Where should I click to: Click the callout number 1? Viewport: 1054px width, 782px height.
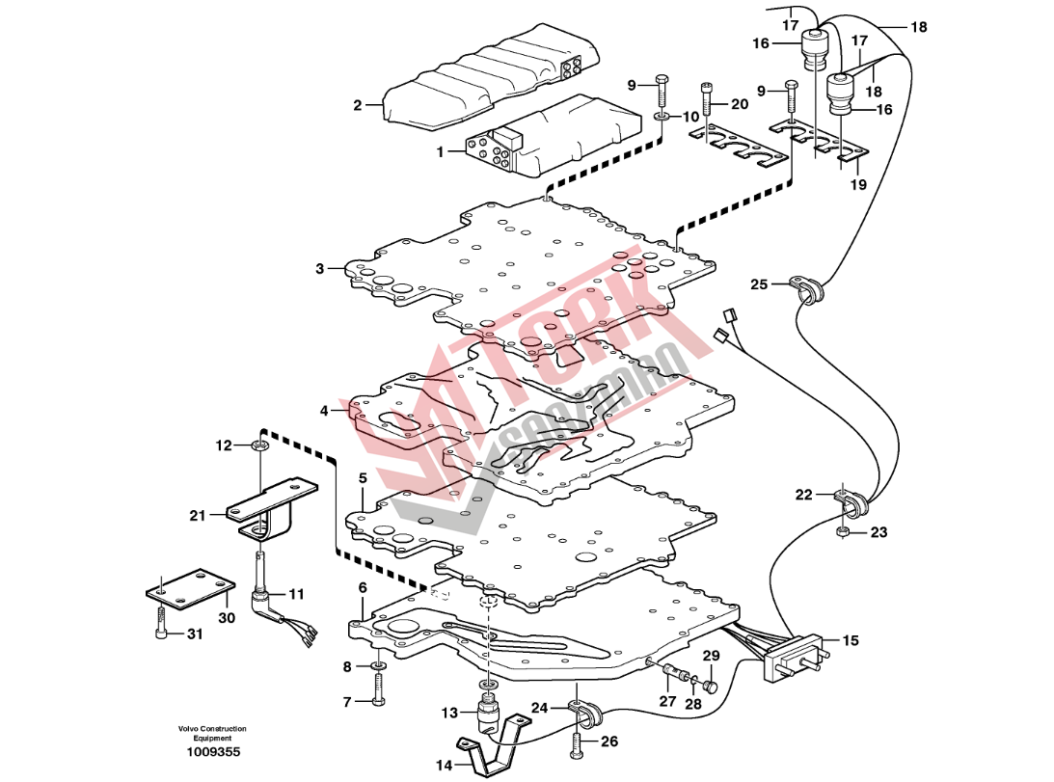[x=442, y=151]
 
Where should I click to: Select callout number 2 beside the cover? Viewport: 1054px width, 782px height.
[x=357, y=105]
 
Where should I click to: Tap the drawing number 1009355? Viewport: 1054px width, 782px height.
[x=215, y=752]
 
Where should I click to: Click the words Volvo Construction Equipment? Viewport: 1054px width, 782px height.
[x=211, y=733]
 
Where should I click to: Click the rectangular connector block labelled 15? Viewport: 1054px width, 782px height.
[x=793, y=658]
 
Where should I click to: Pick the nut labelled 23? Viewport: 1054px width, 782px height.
[x=844, y=531]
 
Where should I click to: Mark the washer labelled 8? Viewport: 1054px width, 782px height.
[x=378, y=666]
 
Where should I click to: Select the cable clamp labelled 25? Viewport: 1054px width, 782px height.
[x=805, y=286]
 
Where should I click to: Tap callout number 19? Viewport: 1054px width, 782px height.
[x=857, y=183]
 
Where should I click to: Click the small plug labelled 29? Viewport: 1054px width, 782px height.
[x=711, y=687]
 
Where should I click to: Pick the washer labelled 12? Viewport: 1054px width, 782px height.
[x=258, y=445]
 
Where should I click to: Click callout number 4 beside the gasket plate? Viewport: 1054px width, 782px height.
[x=325, y=411]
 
